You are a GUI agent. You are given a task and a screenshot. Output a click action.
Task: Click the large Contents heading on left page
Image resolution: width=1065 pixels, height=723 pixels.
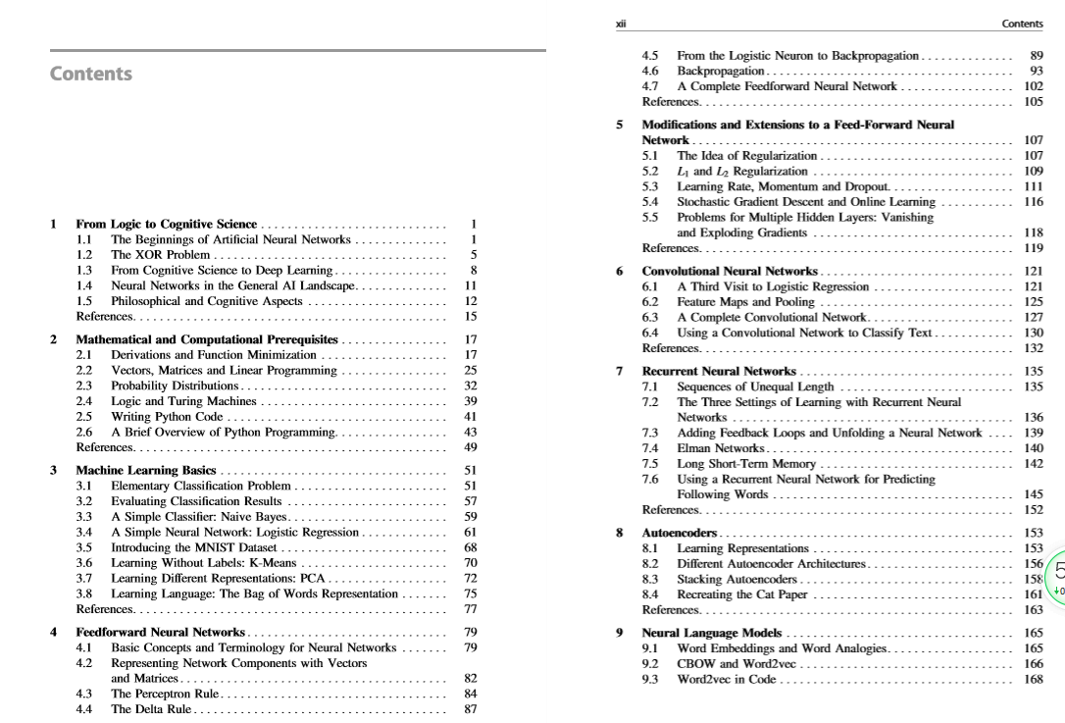(x=90, y=74)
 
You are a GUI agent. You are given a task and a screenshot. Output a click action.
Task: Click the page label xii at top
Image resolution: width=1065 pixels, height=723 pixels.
(x=620, y=23)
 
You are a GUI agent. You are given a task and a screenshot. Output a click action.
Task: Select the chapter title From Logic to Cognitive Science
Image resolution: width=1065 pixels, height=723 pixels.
(x=166, y=224)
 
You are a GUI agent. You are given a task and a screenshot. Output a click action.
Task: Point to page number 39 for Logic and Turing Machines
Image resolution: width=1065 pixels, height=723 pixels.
(x=470, y=401)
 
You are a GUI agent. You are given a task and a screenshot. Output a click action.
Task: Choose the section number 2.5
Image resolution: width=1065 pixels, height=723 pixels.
(x=84, y=417)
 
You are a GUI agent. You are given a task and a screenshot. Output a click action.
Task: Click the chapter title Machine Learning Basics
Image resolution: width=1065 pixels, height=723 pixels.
(x=146, y=470)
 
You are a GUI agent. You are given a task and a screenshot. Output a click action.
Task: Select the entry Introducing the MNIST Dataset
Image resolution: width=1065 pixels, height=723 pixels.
(x=194, y=547)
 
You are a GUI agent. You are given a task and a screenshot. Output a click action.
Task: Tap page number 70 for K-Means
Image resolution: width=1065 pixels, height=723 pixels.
(x=470, y=563)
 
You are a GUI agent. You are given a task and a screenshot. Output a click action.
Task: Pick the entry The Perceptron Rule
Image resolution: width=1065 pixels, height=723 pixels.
(x=164, y=694)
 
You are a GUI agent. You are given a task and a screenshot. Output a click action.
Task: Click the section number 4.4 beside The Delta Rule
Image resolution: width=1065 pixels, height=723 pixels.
(x=84, y=709)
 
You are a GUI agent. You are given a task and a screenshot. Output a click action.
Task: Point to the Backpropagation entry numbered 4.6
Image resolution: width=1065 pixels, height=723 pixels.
(x=721, y=71)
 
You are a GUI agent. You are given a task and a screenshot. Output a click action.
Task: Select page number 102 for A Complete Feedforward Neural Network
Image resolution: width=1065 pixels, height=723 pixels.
(x=1033, y=86)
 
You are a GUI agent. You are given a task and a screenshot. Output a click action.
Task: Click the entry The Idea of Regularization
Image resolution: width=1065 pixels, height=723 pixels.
(x=746, y=155)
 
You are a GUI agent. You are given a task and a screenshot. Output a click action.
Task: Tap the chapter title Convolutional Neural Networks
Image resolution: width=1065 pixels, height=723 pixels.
(x=730, y=271)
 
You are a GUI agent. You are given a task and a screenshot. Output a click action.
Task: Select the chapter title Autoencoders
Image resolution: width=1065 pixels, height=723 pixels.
(x=680, y=533)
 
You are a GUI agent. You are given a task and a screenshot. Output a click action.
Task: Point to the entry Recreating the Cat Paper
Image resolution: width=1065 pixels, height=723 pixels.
(x=742, y=594)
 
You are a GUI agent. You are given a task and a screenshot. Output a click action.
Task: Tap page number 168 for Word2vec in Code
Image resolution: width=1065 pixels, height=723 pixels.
(x=1033, y=679)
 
